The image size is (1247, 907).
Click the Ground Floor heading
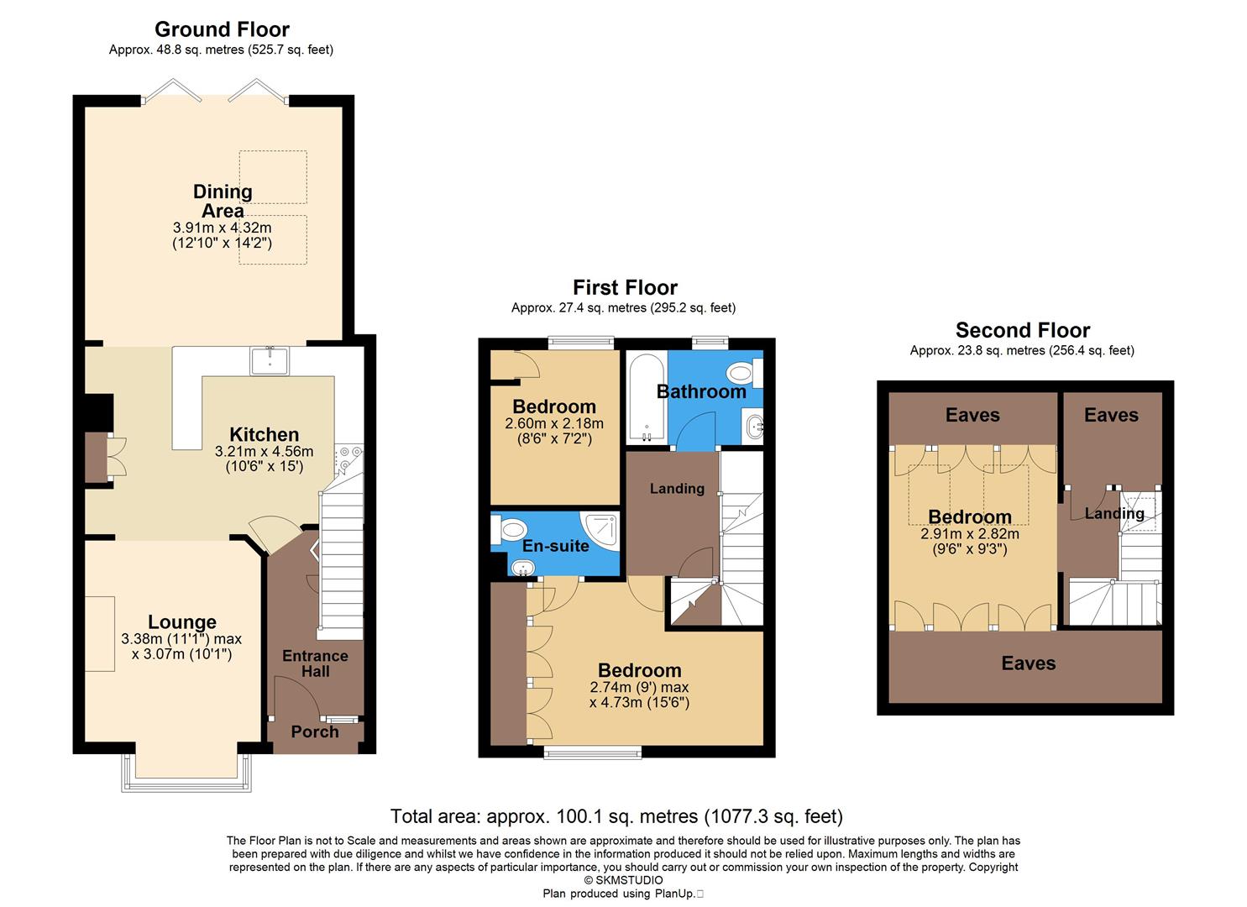(222, 29)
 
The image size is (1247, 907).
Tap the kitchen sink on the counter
(270, 361)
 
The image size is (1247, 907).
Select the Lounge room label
(182, 621)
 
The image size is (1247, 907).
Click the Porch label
(315, 731)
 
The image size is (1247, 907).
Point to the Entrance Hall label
(315, 663)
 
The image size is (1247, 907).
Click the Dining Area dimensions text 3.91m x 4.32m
(222, 228)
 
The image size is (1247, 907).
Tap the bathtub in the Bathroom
(647, 399)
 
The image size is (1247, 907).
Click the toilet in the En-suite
(509, 531)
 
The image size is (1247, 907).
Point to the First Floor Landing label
(677, 488)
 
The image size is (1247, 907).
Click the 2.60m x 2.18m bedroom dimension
(554, 423)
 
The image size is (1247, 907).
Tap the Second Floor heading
(1022, 330)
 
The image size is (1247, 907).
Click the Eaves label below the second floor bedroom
(1028, 663)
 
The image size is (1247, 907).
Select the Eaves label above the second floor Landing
(1111, 415)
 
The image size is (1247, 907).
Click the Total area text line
(616, 815)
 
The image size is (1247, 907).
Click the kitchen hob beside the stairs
(348, 458)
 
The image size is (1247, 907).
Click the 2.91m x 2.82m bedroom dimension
(970, 533)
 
